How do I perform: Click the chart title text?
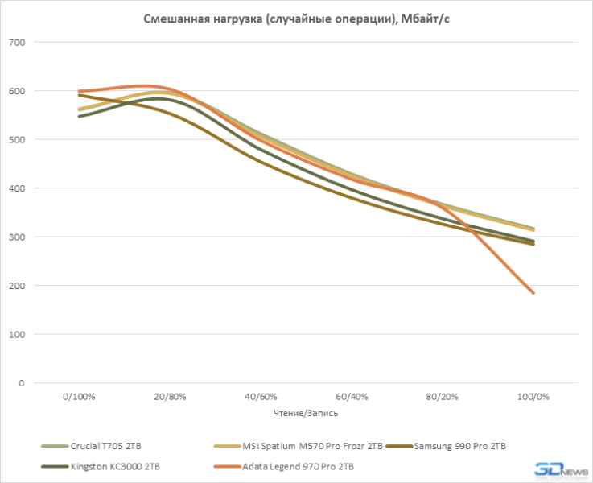pyautogui.click(x=296, y=19)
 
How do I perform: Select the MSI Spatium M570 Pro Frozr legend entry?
pyautogui.click(x=303, y=445)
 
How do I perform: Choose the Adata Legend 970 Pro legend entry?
pyautogui.click(x=293, y=466)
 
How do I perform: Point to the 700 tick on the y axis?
pyautogui.click(x=17, y=43)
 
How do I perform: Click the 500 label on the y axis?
pyautogui.click(x=17, y=140)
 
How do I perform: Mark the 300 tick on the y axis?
pyautogui.click(x=17, y=237)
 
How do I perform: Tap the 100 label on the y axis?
pyautogui.click(x=17, y=335)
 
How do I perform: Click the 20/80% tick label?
pyautogui.click(x=170, y=397)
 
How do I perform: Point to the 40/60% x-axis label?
pyautogui.click(x=261, y=397)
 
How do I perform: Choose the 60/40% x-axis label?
pyautogui.click(x=351, y=397)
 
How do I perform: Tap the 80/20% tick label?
pyautogui.click(x=442, y=397)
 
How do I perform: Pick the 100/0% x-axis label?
pyautogui.click(x=532, y=397)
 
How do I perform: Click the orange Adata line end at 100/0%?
pyautogui.click(x=532, y=292)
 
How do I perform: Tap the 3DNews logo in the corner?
pyautogui.click(x=553, y=469)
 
